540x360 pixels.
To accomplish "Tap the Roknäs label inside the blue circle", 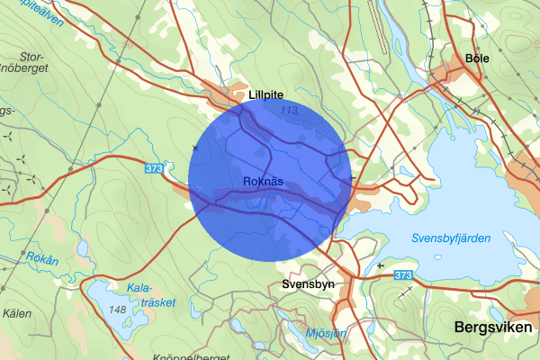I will (x=263, y=182).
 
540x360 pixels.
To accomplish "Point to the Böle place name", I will (x=477, y=58).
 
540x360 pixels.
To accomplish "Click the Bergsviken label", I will (x=494, y=328).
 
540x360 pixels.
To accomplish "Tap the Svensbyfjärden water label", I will (x=450, y=238).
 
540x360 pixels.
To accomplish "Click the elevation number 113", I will (x=290, y=111).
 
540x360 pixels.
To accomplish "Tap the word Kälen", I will (x=17, y=313).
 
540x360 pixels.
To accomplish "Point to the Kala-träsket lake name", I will (x=150, y=295).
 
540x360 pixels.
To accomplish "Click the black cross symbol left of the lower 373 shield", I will (x=382, y=266).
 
